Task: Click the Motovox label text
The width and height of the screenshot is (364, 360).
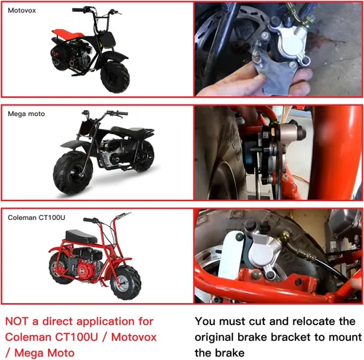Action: pyautogui.click(x=22, y=10)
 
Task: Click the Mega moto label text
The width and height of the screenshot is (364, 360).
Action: pyautogui.click(x=26, y=114)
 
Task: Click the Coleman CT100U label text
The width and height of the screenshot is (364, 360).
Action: pyautogui.click(x=36, y=217)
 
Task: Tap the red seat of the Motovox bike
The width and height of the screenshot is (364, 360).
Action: pyautogui.click(x=68, y=34)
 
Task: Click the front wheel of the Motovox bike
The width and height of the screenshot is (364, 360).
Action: pyautogui.click(x=115, y=77)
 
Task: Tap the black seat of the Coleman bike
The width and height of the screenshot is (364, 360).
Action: pyautogui.click(x=81, y=236)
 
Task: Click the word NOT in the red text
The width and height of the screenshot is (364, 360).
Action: pyautogui.click(x=17, y=321)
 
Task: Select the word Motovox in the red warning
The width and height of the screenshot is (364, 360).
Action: pyautogui.click(x=134, y=337)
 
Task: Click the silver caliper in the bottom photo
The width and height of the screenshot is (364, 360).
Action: pyautogui.click(x=264, y=253)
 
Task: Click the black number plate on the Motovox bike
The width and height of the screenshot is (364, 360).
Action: pyautogui.click(x=106, y=39)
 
